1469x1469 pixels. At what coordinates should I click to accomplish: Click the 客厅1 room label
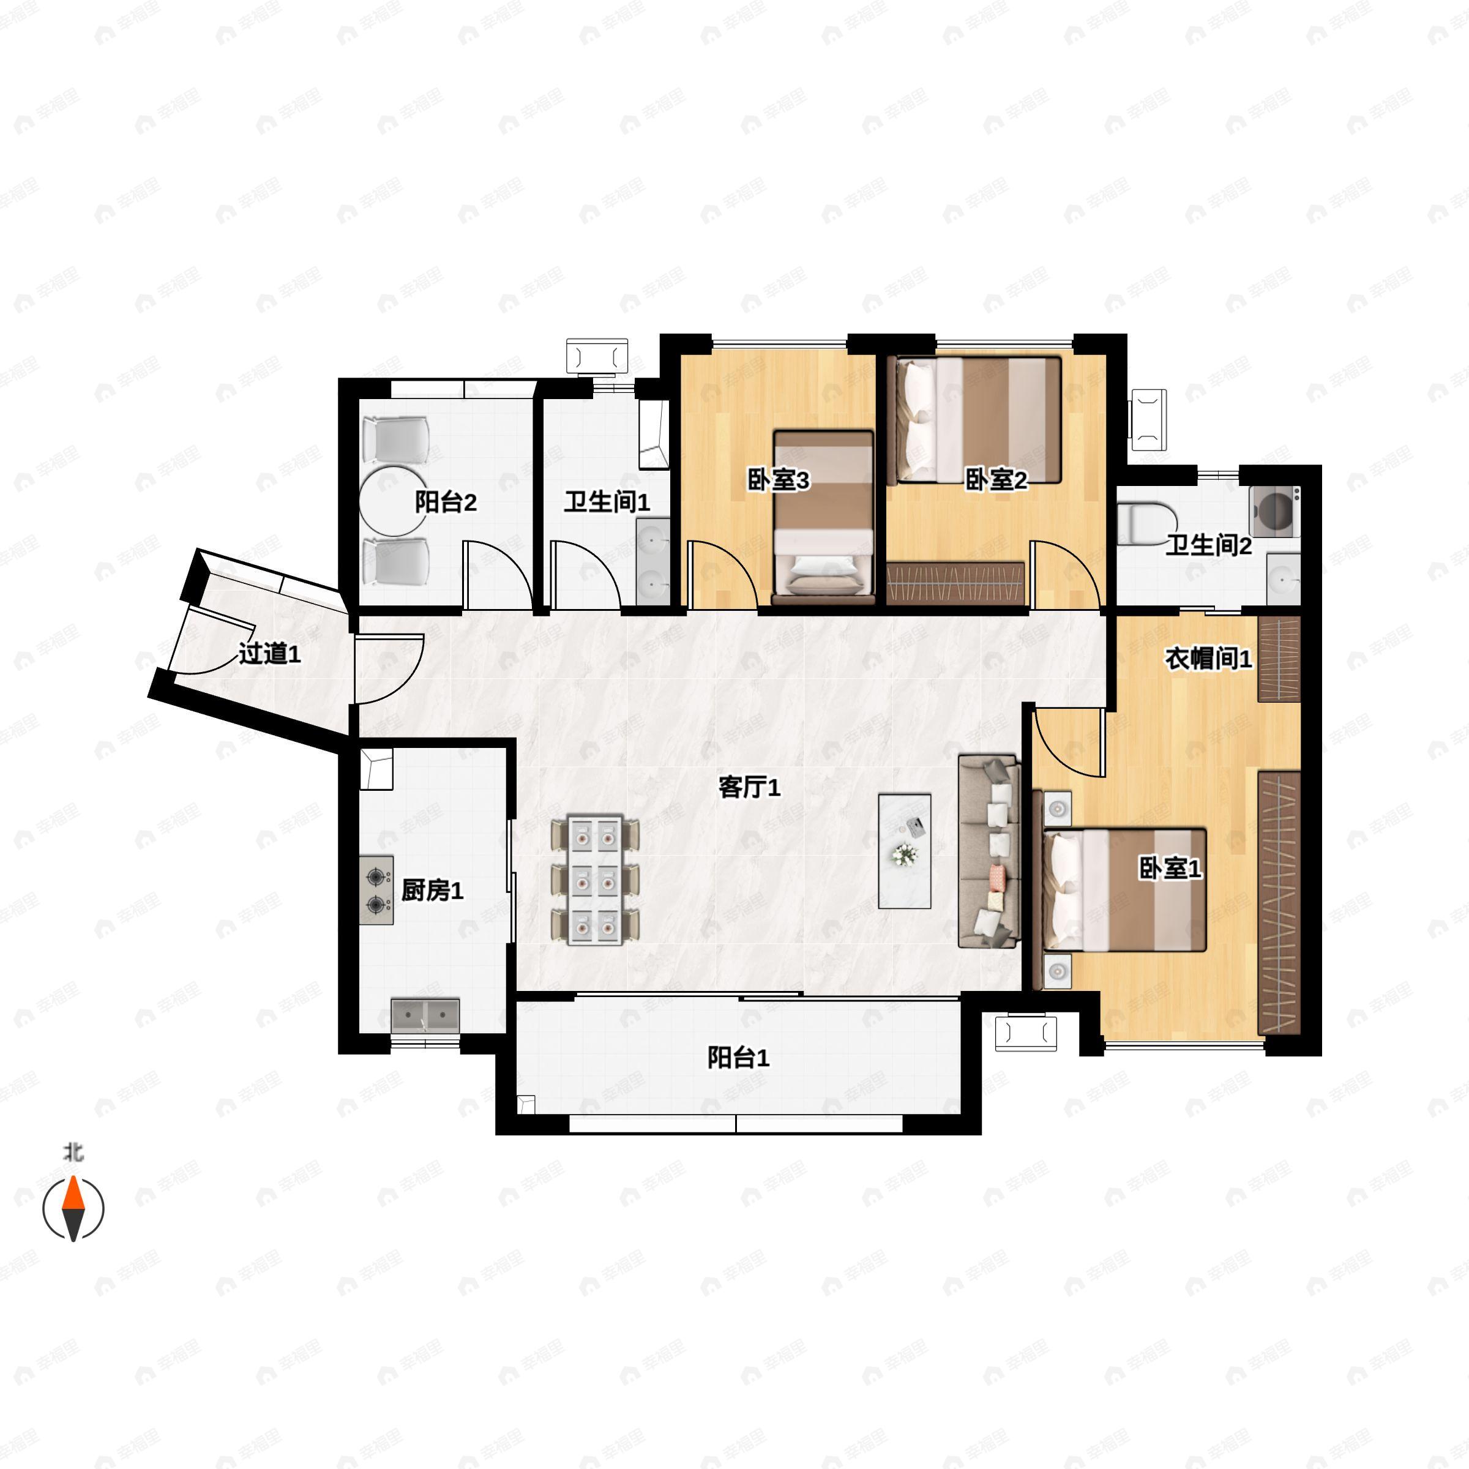[749, 788]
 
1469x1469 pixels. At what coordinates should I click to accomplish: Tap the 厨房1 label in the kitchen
[432, 891]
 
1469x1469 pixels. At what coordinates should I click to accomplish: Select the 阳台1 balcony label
[738, 1058]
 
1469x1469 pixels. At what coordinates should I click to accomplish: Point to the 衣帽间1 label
[1208, 659]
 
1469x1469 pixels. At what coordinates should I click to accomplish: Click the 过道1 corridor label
[270, 653]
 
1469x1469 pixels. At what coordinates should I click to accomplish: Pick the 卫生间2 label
[1209, 545]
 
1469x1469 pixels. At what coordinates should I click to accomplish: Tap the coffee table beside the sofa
[905, 851]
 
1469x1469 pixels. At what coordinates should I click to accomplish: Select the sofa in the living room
[989, 851]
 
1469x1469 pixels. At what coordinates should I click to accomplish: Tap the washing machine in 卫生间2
[1274, 512]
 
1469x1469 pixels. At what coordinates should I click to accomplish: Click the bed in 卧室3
[823, 517]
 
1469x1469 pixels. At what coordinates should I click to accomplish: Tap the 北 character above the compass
[73, 1153]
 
